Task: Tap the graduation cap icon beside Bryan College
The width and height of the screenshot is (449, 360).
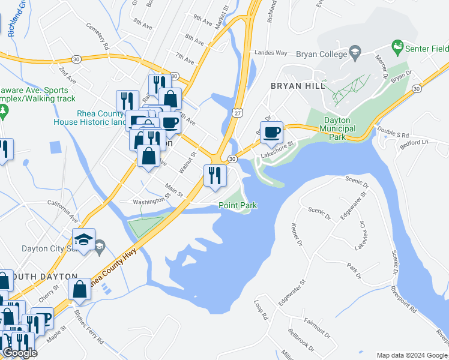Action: [x=355, y=53]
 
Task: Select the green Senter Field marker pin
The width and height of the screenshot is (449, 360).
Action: [x=396, y=46]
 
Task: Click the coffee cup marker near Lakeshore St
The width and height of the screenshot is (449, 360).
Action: [x=271, y=132]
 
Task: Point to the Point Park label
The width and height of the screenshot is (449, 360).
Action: [x=238, y=206]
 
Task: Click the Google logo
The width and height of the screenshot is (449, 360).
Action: [x=20, y=353]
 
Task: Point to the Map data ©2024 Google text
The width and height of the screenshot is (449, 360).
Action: [x=412, y=355]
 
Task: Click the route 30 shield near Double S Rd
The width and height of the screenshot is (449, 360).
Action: [x=416, y=89]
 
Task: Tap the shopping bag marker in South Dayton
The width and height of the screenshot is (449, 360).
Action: [x=80, y=289]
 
